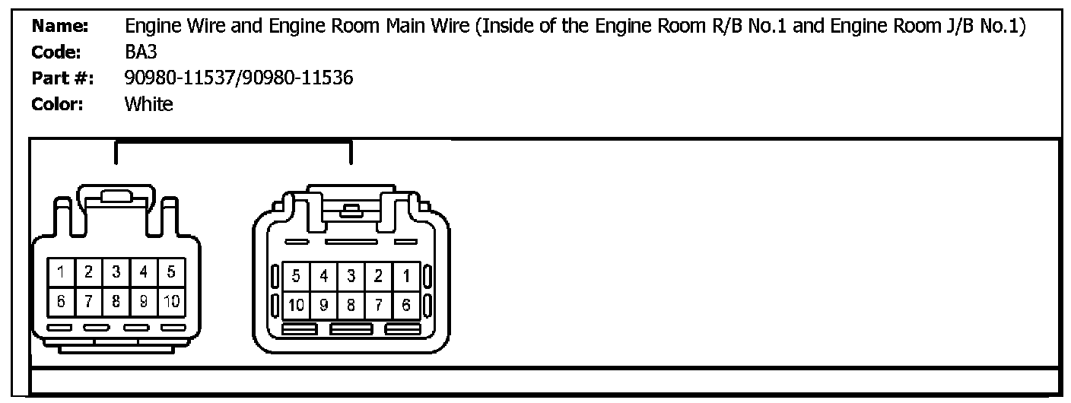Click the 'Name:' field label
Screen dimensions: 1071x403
pos(61,27)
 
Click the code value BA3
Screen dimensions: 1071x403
pos(141,52)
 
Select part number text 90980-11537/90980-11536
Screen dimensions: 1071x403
pos(239,78)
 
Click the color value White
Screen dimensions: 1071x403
pos(149,104)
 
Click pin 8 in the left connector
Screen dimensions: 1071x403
pos(116,300)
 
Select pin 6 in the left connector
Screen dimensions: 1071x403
pos(60,300)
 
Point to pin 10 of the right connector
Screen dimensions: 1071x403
pos(296,306)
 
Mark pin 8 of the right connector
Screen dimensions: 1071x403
pos(351,306)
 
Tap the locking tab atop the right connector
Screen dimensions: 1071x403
pos(351,208)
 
